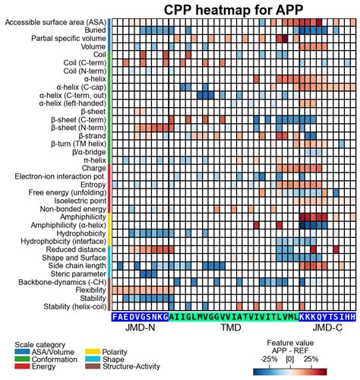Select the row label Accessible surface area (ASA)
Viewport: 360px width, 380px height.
tap(55, 22)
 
